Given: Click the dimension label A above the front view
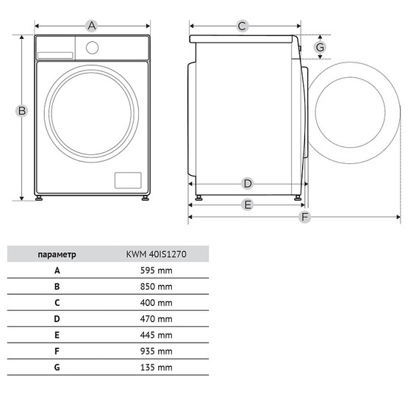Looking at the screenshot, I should tap(92, 26).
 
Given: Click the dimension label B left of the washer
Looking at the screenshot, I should tap(22, 111).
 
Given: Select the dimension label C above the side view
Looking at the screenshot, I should tap(242, 26).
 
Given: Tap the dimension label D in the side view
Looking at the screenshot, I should tap(248, 183).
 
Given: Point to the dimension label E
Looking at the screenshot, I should tap(248, 204).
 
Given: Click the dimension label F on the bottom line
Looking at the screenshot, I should tap(304, 218).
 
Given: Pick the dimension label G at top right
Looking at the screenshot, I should tap(320, 48).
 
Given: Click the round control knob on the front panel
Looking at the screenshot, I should tap(92, 47).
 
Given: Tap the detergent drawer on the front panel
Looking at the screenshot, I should tap(55, 54).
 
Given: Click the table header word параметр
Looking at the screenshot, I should tap(57, 254).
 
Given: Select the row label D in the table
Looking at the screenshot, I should tap(57, 319).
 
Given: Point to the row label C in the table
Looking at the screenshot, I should tap(57, 303).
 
